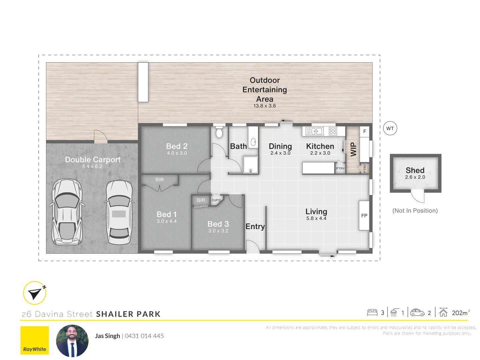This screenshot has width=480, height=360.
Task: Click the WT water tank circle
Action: [390, 128]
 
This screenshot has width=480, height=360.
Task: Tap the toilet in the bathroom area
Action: [219, 132]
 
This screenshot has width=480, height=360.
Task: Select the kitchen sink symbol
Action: [314, 131]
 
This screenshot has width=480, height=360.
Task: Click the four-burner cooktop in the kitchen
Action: [333, 131]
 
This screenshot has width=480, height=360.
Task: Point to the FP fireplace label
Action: [364, 216]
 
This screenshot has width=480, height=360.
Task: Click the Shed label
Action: [415, 170]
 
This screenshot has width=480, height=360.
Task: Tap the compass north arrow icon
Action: [35, 293]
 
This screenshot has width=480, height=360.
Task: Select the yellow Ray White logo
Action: [35, 340]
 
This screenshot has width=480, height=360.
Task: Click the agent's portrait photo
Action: [72, 341]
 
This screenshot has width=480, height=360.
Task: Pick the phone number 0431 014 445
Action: [144, 336]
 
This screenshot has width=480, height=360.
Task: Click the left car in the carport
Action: [67, 212]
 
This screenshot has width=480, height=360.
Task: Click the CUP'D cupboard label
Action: [216, 200]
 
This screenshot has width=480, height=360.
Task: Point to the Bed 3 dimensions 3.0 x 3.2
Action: [218, 231]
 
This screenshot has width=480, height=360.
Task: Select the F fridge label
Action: [365, 131]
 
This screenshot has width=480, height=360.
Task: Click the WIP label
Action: [353, 150]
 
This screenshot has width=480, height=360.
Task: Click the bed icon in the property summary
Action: [372, 313]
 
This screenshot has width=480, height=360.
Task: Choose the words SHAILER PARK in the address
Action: [128, 314]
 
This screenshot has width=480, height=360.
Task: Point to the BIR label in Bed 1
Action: [159, 180]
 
